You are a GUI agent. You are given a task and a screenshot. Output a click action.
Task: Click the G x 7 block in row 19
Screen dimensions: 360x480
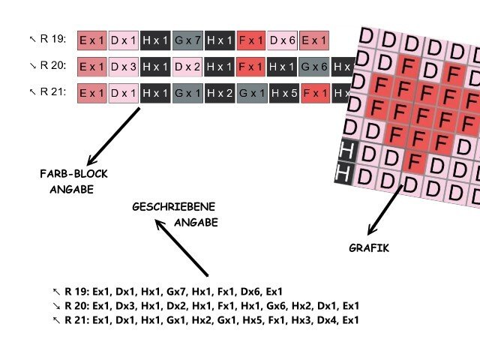[x=187, y=40]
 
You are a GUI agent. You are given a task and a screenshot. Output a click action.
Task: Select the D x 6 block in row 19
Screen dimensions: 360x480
[x=282, y=40]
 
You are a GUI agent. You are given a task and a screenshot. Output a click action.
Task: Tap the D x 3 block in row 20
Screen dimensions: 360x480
[x=124, y=66]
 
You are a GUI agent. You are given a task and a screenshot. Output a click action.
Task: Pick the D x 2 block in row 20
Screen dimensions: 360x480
[x=187, y=66]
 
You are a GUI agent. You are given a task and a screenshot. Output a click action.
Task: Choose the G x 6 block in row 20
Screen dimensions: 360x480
[x=314, y=66]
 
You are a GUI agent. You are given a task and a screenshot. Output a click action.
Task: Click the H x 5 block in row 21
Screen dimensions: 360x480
[x=283, y=93]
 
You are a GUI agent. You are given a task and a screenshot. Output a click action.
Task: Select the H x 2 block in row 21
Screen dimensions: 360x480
[x=219, y=93]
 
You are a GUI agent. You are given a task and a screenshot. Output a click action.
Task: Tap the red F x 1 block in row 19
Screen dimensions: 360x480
[x=250, y=40]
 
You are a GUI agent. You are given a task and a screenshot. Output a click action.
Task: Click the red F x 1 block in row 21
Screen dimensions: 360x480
[x=315, y=93]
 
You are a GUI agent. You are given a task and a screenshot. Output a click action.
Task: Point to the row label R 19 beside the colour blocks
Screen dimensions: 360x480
[x=52, y=39]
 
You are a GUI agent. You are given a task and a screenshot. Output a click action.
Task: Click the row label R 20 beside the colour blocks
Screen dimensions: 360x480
[x=52, y=65]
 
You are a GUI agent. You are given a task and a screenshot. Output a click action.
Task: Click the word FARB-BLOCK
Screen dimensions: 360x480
[x=73, y=174]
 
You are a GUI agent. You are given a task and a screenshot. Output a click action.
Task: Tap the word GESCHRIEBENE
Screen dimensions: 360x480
[x=174, y=206]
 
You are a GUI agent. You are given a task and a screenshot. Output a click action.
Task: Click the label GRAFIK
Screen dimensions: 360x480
[x=369, y=248]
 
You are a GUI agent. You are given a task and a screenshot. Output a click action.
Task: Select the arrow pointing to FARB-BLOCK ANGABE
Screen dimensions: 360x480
[x=113, y=136]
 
